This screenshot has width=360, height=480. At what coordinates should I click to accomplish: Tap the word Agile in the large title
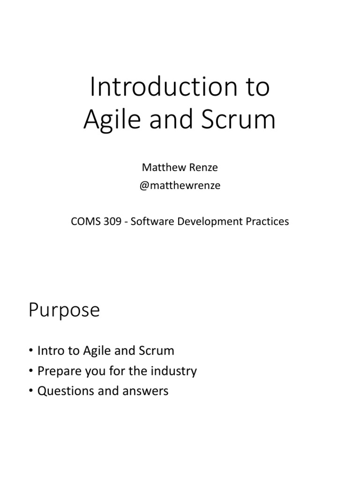pyautogui.click(x=111, y=120)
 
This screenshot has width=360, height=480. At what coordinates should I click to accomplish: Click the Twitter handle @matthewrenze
pyautogui.click(x=180, y=186)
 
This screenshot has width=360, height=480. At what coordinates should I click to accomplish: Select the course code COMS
pyautogui.click(x=84, y=221)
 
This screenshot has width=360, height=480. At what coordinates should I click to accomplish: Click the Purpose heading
pyautogui.click(x=64, y=310)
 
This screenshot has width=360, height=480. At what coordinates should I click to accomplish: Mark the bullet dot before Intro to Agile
pyautogui.click(x=31, y=351)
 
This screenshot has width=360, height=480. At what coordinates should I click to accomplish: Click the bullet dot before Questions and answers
pyautogui.click(x=31, y=391)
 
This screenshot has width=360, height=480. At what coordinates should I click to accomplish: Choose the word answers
pyautogui.click(x=145, y=391)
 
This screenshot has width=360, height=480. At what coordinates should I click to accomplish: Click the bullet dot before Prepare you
pyautogui.click(x=31, y=371)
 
